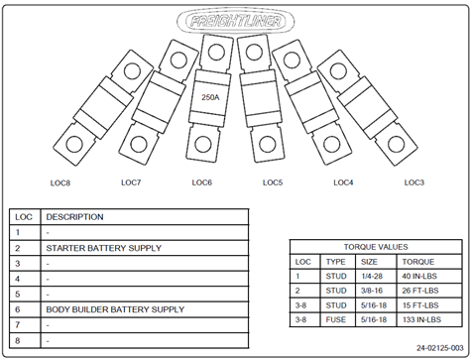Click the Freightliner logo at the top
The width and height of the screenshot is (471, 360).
(235, 22)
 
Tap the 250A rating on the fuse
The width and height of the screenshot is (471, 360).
(210, 97)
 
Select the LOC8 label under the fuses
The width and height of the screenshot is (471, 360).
(60, 182)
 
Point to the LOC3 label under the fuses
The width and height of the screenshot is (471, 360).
(414, 182)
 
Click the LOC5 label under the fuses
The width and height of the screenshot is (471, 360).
(273, 182)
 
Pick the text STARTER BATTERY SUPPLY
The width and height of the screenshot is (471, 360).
(104, 248)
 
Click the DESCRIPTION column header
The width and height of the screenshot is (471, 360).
(74, 217)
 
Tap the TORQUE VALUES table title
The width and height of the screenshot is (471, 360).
(376, 247)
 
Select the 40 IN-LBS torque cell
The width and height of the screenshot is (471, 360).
(419, 276)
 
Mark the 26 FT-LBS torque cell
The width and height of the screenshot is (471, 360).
(420, 291)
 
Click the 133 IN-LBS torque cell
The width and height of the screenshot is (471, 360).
(421, 319)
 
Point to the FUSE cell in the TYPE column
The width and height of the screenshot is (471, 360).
(336, 319)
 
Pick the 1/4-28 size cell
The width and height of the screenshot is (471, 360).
(372, 276)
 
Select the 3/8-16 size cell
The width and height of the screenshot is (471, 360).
(372, 291)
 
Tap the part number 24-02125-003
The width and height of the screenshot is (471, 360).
(440, 348)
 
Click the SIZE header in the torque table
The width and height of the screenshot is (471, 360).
(369, 262)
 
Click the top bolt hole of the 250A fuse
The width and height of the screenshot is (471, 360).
(216, 52)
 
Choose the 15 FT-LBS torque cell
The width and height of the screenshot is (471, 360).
(420, 305)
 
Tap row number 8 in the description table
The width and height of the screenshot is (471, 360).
(18, 340)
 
